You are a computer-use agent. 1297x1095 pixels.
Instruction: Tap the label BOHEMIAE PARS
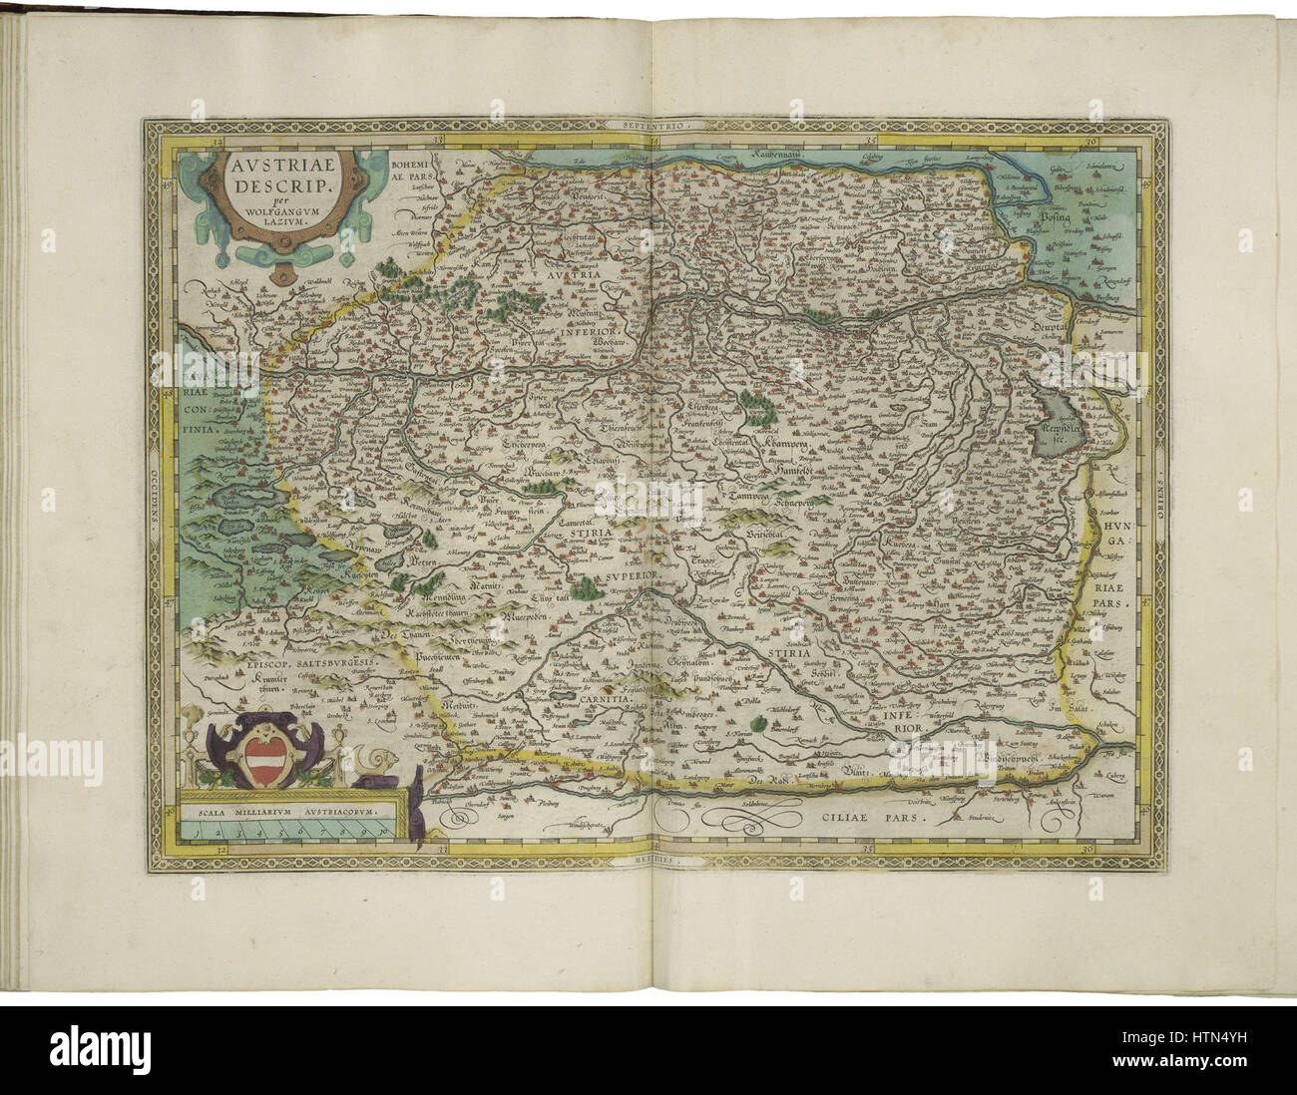(411, 173)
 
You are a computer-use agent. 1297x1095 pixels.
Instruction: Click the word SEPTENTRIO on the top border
(653, 127)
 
